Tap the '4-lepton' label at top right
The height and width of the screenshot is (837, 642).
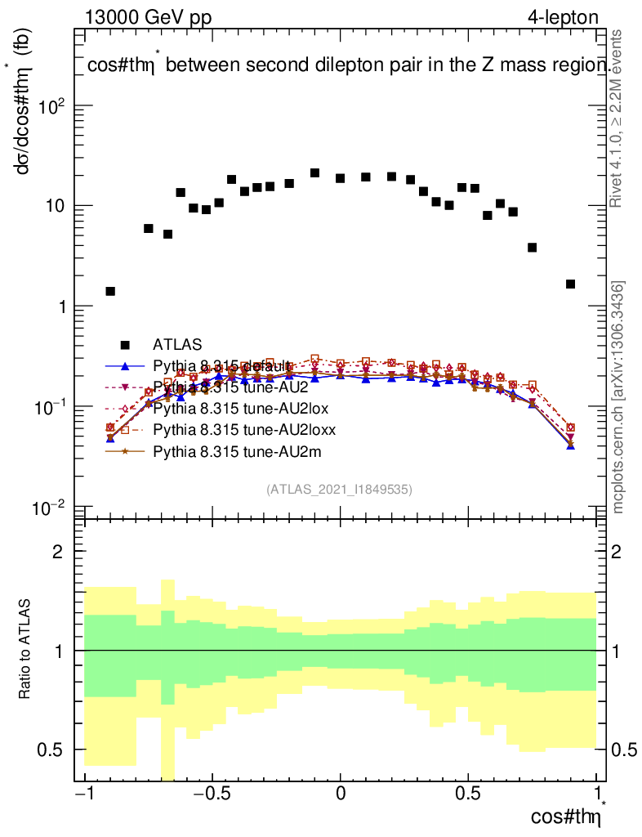(x=564, y=17)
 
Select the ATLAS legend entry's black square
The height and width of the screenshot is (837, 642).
(x=125, y=344)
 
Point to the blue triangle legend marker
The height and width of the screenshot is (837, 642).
(x=125, y=365)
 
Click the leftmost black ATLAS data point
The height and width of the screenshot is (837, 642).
(x=110, y=291)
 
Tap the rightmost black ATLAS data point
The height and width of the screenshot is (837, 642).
(x=570, y=284)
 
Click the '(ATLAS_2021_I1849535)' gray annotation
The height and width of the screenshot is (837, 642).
(x=339, y=489)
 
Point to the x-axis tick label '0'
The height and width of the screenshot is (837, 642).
(x=340, y=794)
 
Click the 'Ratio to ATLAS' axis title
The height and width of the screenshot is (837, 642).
(x=27, y=650)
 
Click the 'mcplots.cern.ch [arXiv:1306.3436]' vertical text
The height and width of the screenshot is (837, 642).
(x=618, y=397)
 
